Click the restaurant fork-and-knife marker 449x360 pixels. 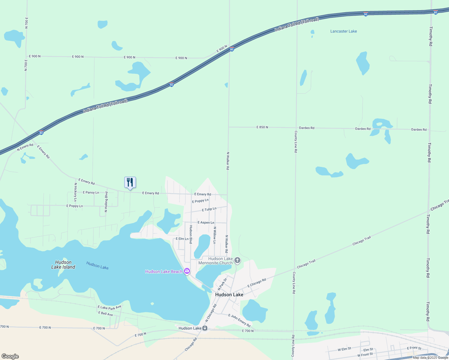(130, 182)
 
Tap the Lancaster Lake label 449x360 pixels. (343, 31)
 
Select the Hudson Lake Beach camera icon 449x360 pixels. (187, 271)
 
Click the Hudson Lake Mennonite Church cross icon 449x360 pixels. (237, 260)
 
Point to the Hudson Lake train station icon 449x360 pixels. (205, 328)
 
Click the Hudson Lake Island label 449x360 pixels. (63, 265)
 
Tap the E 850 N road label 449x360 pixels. (262, 127)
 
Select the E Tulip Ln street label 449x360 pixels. (209, 209)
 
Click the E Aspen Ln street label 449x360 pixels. (206, 223)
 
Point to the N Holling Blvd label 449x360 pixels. (106, 202)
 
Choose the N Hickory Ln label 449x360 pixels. (75, 192)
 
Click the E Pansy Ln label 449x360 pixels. (91, 193)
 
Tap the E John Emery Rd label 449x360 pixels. (239, 320)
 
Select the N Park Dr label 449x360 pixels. (222, 284)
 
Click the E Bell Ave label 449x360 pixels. (106, 314)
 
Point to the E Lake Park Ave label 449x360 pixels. (110, 307)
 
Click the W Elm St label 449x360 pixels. (344, 349)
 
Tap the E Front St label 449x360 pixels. (414, 348)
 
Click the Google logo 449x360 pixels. (10, 356)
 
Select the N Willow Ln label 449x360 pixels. (215, 235)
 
